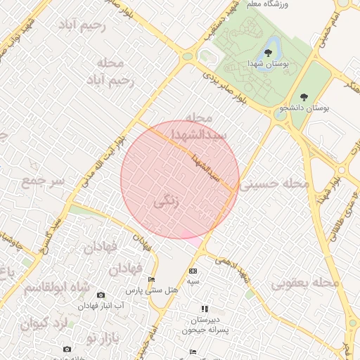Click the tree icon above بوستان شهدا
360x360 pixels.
pos(269,53)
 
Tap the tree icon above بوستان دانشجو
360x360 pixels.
pos(304,97)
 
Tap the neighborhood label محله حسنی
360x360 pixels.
pos(275,184)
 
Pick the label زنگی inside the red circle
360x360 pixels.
pos(167,202)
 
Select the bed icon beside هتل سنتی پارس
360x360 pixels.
pos(152,280)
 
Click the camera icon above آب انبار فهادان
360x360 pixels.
pos(101,295)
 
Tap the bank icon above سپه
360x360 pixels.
pos(193,271)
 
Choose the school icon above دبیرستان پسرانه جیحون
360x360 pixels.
pos(205,308)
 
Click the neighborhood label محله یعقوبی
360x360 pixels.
pos(305,283)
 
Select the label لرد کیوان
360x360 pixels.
pos(43,324)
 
